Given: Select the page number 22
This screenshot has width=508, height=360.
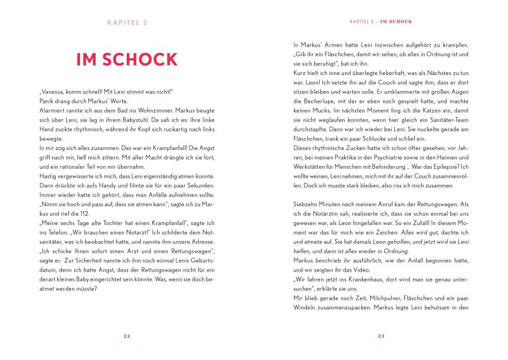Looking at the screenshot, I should [127, 336].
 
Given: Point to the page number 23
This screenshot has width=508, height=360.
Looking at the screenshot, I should [381, 336].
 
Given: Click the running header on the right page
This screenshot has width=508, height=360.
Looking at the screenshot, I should [381, 22].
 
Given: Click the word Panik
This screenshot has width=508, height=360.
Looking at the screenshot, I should [46, 101].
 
